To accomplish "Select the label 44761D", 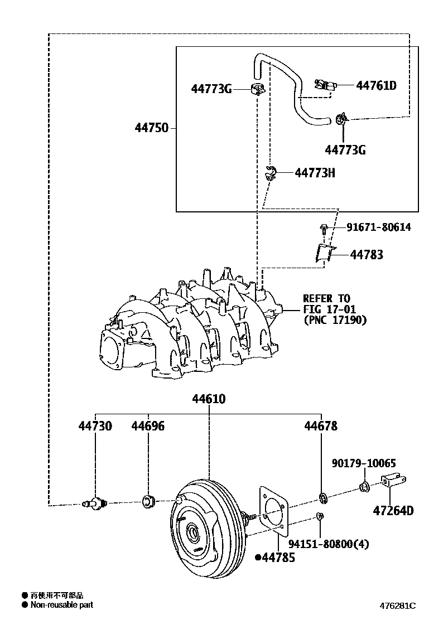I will pos(376,85).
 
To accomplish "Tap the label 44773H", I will pos(315,173).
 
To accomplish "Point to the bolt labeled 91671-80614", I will pos(324,227).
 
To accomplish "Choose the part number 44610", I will pos(209,399).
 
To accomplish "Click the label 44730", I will pos(95,426).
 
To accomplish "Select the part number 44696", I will pos(148,426).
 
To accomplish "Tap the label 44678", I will pos(321,426).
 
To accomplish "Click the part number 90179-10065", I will pos(364,463).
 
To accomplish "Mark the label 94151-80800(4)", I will pos(329,544).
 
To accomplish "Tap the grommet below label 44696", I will pos(148,501).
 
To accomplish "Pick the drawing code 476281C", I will pos(398,606).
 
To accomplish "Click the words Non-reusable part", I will pos(61,605).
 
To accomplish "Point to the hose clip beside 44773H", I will pos(271,173).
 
